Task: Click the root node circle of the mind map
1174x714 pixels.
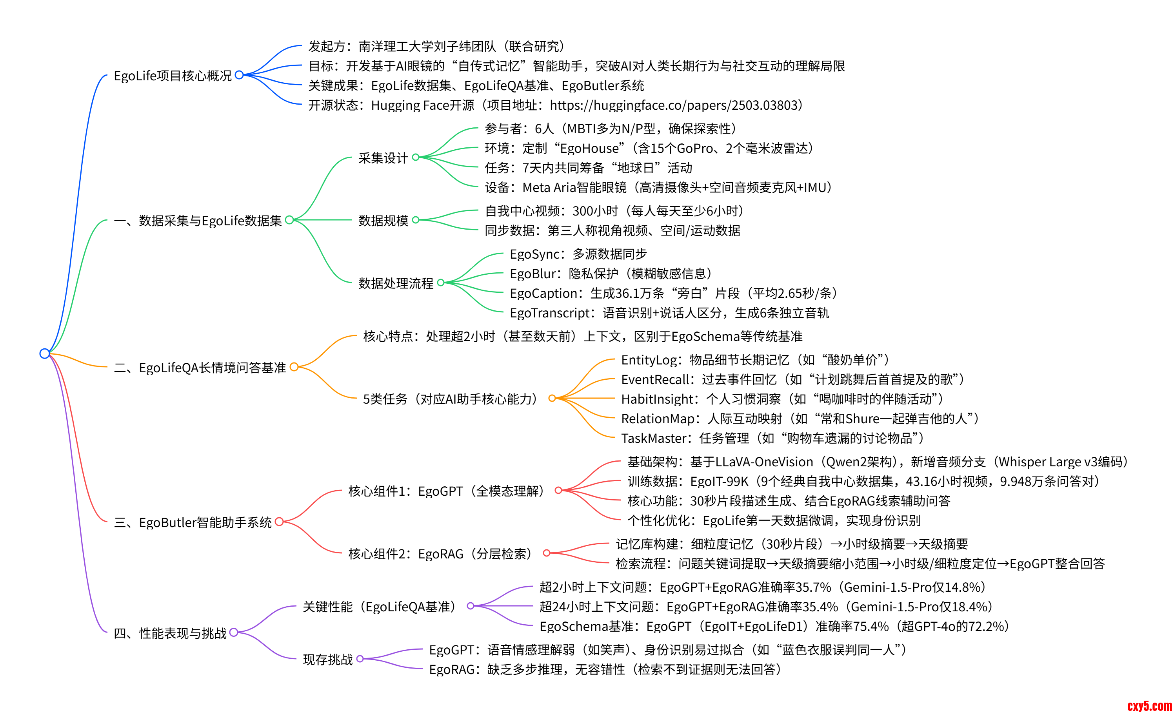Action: click(x=44, y=353)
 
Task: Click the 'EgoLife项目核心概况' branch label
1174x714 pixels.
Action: click(x=173, y=76)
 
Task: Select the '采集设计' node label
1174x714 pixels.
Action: click(x=383, y=158)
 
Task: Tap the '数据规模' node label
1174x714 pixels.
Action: click(x=383, y=221)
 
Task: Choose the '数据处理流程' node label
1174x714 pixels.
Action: click(x=396, y=283)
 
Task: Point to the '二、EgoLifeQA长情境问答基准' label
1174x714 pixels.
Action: click(x=200, y=368)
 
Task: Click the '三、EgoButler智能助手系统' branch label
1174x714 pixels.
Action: click(x=193, y=522)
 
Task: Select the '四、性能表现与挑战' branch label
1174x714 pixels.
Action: click(x=170, y=633)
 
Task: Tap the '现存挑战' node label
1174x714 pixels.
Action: click(x=328, y=659)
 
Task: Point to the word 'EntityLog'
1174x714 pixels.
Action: click(x=649, y=360)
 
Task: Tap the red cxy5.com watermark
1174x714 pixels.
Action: click(x=1149, y=705)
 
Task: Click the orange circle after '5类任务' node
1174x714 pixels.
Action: click(x=552, y=398)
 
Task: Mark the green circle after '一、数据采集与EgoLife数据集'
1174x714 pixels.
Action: click(x=289, y=220)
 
